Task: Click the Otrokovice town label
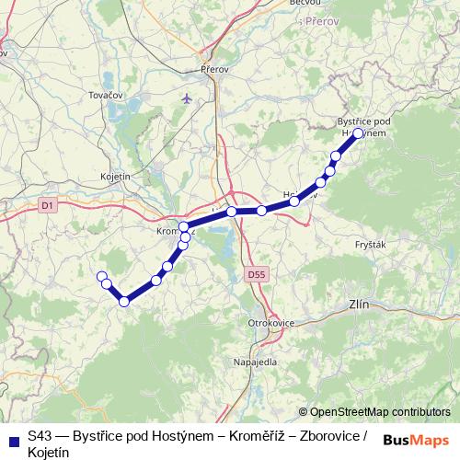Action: pyautogui.click(x=270, y=323)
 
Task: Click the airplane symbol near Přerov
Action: pyautogui.click(x=189, y=97)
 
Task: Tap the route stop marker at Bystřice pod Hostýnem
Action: pyautogui.click(x=358, y=132)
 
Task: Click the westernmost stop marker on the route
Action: pyautogui.click(x=101, y=276)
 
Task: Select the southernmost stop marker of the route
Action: pyautogui.click(x=124, y=301)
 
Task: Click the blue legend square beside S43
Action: pyautogui.click(x=14, y=437)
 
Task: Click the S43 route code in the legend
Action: pyautogui.click(x=40, y=435)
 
